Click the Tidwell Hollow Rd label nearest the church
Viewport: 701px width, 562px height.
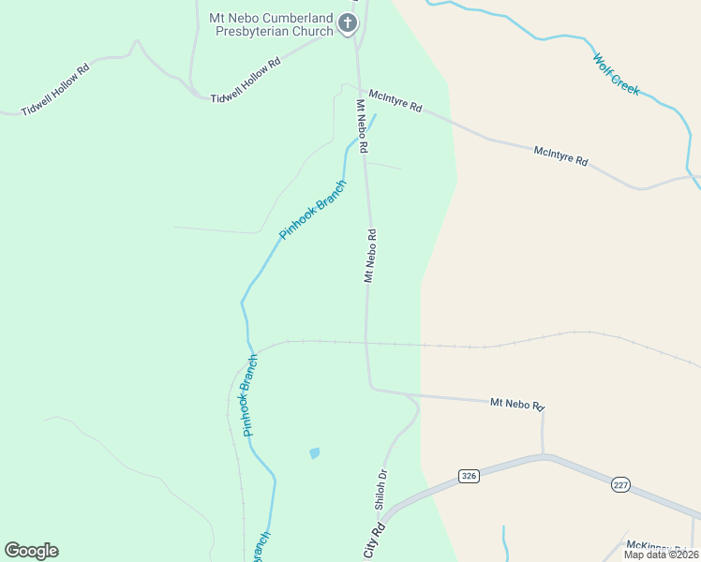[x=246, y=81]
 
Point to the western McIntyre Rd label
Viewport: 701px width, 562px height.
[x=395, y=101]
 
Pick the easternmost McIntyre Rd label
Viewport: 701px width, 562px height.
[x=560, y=156]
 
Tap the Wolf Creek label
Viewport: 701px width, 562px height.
[x=616, y=74]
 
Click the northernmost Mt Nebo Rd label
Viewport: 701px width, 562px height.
[x=361, y=126]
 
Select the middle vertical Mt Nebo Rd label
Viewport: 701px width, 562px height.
[x=370, y=256]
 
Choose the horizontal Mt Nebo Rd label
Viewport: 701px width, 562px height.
[x=517, y=405]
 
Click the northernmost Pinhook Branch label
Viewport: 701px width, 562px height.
[x=312, y=209]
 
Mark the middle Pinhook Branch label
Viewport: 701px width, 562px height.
[x=249, y=395]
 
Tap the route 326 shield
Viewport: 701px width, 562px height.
[x=470, y=477]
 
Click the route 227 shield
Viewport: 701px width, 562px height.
[x=621, y=485]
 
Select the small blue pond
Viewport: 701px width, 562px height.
[x=314, y=453]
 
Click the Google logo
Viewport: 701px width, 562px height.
[x=32, y=551]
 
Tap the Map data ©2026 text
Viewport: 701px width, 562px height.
[x=661, y=555]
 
